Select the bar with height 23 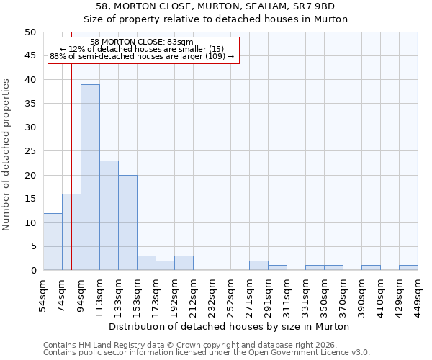(x=109, y=215)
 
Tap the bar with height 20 (x=127, y=222)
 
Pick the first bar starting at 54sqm (x=53, y=242)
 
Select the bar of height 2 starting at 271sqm (x=258, y=266)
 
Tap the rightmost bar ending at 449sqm (x=408, y=268)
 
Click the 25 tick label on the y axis (x=30, y=151)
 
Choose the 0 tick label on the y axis (x=32, y=271)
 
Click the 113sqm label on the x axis (x=99, y=293)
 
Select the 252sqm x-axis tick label (x=230, y=293)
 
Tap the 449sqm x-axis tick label (x=418, y=293)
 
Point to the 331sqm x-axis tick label (x=305, y=293)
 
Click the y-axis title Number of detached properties (x=6, y=155)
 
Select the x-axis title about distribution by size (x=230, y=326)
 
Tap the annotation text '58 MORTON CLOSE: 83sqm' (x=142, y=42)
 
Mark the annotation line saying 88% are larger (x=142, y=56)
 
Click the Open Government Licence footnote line (x=206, y=353)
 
